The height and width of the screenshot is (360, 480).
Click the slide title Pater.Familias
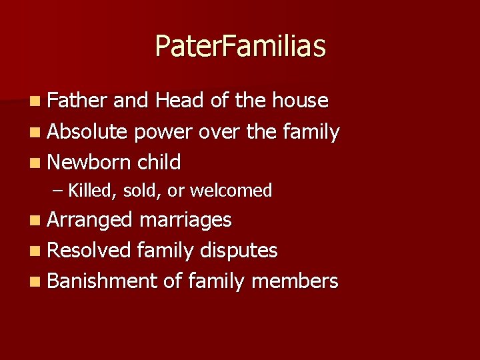[240, 47]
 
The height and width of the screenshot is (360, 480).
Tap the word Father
[77, 101]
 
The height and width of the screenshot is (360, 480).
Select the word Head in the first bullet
[180, 101]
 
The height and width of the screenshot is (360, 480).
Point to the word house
[300, 101]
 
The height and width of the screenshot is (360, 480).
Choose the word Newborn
[89, 162]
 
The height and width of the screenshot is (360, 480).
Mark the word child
[159, 162]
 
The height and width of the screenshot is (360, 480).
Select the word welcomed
[231, 191]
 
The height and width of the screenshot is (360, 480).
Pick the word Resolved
[89, 251]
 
